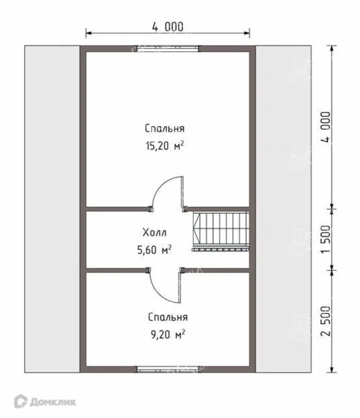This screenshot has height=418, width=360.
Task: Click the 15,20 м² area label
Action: (x=165, y=145)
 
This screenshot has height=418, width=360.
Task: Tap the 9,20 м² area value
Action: (x=168, y=334)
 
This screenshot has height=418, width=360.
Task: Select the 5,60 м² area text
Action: (x=155, y=250)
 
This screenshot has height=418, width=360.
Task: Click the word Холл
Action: (x=155, y=232)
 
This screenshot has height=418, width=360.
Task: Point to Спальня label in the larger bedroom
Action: (x=165, y=128)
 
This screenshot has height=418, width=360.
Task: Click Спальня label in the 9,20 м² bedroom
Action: (x=168, y=317)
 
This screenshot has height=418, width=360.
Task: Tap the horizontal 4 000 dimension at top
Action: (x=168, y=27)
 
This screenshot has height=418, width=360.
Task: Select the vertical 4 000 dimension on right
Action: (x=326, y=127)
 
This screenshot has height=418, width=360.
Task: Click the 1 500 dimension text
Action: (x=326, y=239)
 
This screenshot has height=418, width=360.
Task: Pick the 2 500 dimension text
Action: (x=326, y=321)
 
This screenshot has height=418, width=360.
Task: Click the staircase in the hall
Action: (x=221, y=228)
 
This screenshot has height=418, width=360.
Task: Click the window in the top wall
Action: (x=168, y=49)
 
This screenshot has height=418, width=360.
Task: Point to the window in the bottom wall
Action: (x=168, y=369)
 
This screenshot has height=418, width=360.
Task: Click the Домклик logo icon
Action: (x=21, y=401)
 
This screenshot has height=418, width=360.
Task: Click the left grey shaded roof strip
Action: (x=52, y=209)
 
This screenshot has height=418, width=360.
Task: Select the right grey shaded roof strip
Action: (x=283, y=209)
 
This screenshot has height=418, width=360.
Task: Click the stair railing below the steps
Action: (x=220, y=250)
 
